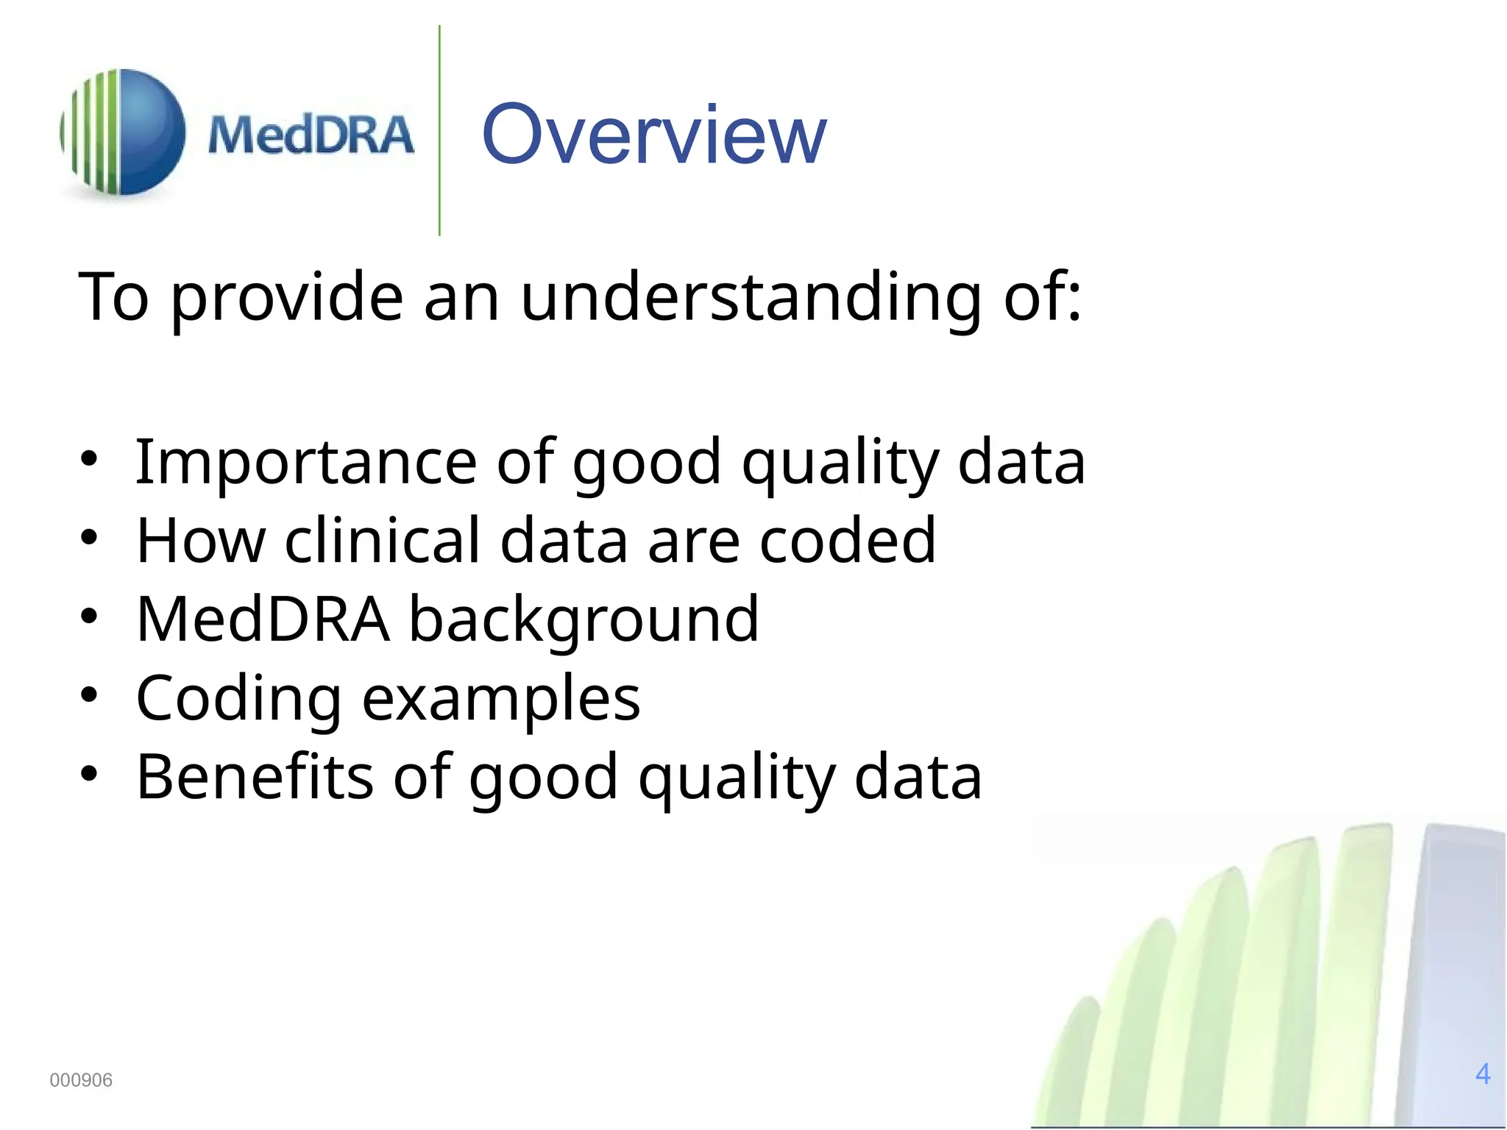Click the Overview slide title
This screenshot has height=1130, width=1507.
pyautogui.click(x=653, y=135)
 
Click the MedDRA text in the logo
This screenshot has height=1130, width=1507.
pyautogui.click(x=311, y=136)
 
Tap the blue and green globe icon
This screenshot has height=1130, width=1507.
pyautogui.click(x=123, y=132)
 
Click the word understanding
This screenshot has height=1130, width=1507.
pyautogui.click(x=751, y=297)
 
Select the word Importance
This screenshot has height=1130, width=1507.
pyautogui.click(x=306, y=463)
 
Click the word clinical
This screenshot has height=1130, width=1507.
pyautogui.click(x=382, y=541)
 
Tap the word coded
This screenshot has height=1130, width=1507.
pyautogui.click(x=847, y=541)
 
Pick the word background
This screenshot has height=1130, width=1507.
pyautogui.click(x=584, y=620)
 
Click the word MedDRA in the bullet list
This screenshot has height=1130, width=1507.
pyautogui.click(x=263, y=620)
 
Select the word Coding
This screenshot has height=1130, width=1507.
pyautogui.click(x=238, y=699)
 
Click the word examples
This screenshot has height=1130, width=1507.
pyautogui.click(x=501, y=699)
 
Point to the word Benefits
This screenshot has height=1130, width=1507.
pyautogui.click(x=255, y=777)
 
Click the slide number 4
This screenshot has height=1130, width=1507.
pyautogui.click(x=1483, y=1074)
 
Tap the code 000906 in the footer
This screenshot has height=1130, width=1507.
pyautogui.click(x=81, y=1080)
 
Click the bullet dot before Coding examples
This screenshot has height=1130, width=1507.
pyautogui.click(x=88, y=695)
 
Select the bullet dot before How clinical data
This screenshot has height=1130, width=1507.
pyautogui.click(x=88, y=538)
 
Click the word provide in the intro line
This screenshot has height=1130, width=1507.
pyautogui.click(x=287, y=297)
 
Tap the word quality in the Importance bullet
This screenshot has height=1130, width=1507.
pyautogui.click(x=840, y=463)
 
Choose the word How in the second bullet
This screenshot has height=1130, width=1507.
pyautogui.click(x=200, y=541)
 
